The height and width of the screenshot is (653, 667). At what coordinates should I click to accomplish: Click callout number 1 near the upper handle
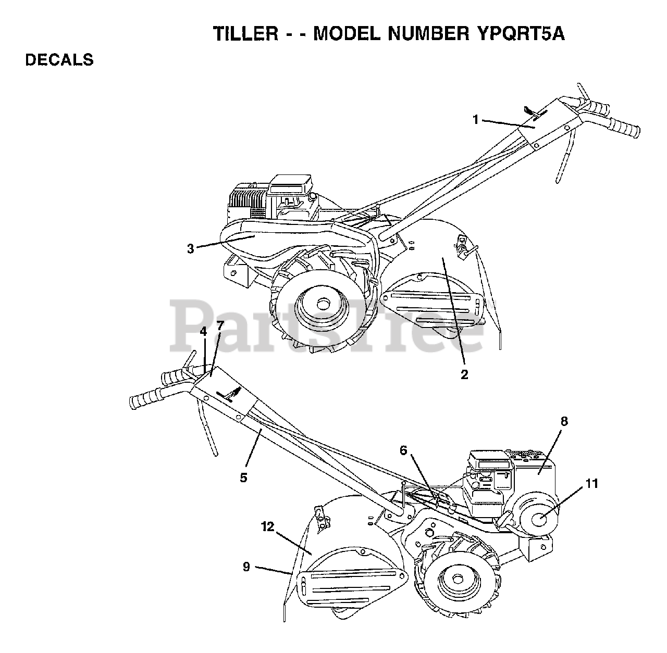475,120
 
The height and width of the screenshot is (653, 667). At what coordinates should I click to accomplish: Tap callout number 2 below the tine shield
464,374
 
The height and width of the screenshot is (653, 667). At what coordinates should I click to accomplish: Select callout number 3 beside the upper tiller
191,249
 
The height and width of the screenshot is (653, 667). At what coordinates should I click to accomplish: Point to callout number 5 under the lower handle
244,476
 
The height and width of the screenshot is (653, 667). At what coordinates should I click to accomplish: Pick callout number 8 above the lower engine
564,421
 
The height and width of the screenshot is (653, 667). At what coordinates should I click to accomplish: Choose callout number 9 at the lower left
246,567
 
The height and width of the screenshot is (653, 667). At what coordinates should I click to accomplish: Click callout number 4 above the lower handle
203,331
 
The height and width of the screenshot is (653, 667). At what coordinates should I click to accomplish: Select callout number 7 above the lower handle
220,325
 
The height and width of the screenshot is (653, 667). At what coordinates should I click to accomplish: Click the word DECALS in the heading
59,60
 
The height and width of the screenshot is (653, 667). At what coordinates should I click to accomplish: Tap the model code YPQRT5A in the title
521,34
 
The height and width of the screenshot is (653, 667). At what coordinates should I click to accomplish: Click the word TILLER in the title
245,34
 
